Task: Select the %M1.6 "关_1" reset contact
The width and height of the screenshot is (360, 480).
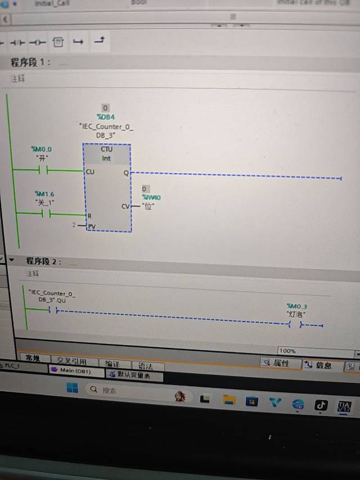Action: [45, 214]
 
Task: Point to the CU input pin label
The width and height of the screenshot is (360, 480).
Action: [90, 171]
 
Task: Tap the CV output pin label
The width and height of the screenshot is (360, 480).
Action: [125, 206]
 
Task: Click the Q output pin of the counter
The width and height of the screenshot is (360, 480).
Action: [126, 173]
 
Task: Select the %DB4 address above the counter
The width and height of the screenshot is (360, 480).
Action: [106, 117]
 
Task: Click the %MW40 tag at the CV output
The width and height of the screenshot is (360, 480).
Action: [151, 198]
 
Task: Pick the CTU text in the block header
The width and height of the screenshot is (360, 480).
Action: [106, 149]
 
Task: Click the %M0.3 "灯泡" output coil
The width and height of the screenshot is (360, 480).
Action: [296, 325]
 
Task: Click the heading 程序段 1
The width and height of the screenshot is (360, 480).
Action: [30, 62]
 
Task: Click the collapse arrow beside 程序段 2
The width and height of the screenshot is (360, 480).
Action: [11, 260]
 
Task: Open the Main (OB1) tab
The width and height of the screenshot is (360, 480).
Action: [76, 370]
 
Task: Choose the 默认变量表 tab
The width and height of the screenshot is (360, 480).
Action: [133, 374]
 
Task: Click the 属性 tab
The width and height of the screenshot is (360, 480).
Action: [276, 363]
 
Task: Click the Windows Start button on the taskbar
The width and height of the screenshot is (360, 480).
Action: [73, 388]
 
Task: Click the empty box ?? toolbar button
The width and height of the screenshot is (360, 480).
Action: [58, 42]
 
